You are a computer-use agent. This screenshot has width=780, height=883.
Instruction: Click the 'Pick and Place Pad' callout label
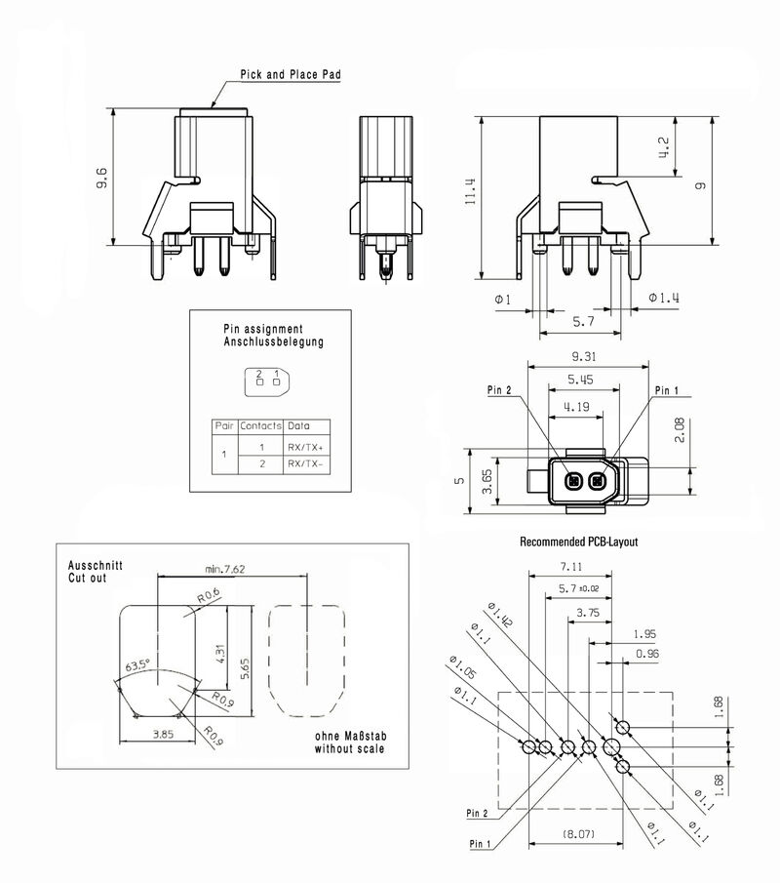pos(291,74)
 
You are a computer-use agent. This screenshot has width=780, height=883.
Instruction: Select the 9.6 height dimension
pos(101,178)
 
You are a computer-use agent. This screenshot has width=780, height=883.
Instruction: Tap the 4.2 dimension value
pos(664,148)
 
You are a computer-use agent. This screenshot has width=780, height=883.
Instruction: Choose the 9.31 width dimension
pos(587,357)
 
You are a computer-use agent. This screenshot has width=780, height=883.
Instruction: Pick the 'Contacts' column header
pos(260,426)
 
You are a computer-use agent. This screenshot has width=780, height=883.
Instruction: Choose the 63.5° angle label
pos(136,666)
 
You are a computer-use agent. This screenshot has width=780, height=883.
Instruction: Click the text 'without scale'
pos(349,749)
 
